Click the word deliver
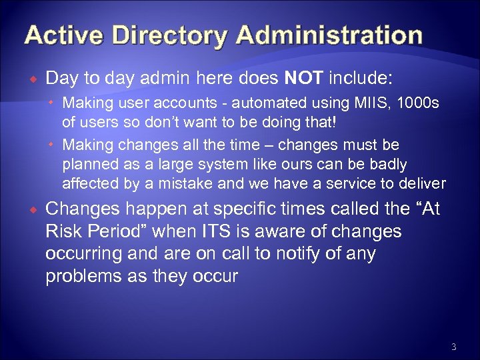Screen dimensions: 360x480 [421, 183]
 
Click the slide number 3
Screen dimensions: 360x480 [453, 347]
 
